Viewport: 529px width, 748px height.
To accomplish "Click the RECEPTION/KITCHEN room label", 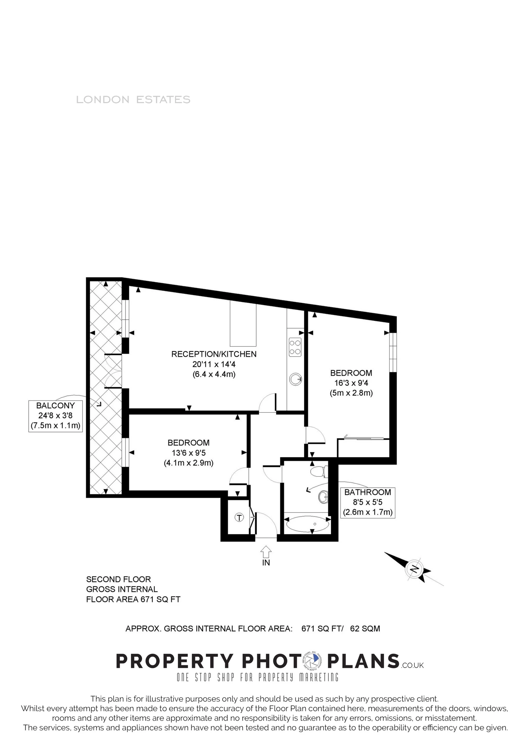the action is click(x=214, y=354).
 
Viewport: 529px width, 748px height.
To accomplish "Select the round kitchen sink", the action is click(x=295, y=379).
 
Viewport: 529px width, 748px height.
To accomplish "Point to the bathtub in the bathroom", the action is click(x=307, y=524).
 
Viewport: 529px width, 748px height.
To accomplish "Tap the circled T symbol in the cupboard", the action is click(x=239, y=517).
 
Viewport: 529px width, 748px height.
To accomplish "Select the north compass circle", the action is click(x=415, y=569).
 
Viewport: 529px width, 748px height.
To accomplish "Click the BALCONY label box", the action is click(x=55, y=416).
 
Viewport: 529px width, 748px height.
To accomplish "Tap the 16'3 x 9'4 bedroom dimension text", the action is click(x=351, y=383).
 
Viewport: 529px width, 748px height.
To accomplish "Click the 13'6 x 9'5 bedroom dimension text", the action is click(x=189, y=453).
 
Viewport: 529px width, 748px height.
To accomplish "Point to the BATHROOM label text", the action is click(x=368, y=492).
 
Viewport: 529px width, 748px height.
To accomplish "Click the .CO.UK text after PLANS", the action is click(x=413, y=665).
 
